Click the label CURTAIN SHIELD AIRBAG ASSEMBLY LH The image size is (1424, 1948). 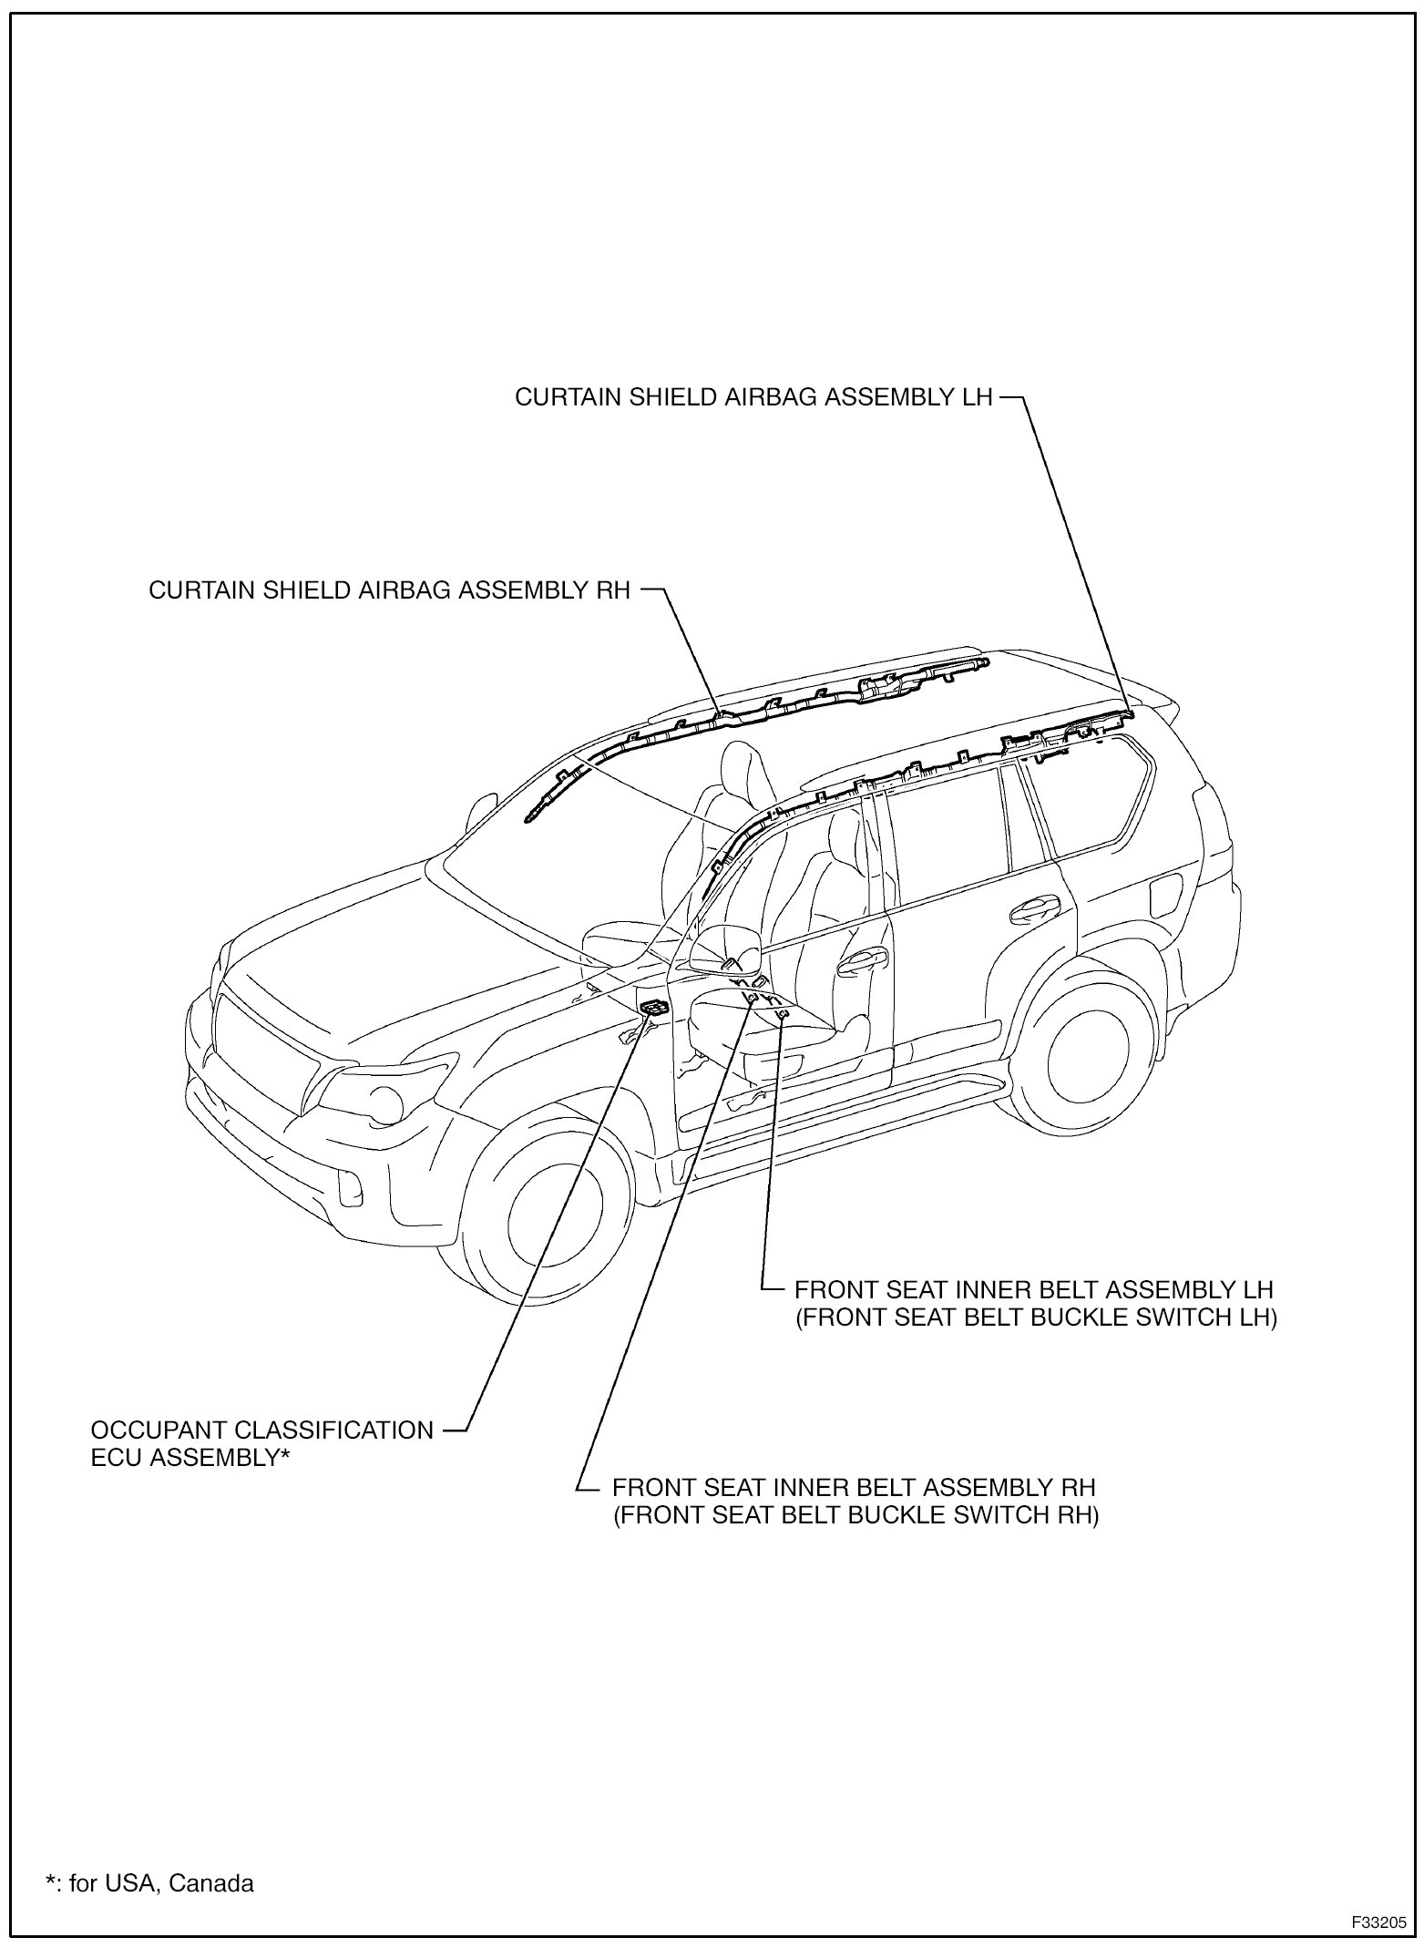point(753,398)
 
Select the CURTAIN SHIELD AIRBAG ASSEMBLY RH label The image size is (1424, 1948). point(390,590)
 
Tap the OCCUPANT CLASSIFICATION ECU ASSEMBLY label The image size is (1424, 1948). point(262,1443)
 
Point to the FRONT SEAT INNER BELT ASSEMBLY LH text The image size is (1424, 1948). point(1033,1290)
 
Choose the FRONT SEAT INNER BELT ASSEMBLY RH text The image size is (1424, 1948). point(853,1487)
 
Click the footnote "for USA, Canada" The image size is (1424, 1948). point(150,1883)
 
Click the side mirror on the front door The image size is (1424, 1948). point(724,948)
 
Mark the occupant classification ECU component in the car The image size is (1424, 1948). point(653,1007)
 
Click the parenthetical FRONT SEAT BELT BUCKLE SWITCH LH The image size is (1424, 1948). point(1036,1318)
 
